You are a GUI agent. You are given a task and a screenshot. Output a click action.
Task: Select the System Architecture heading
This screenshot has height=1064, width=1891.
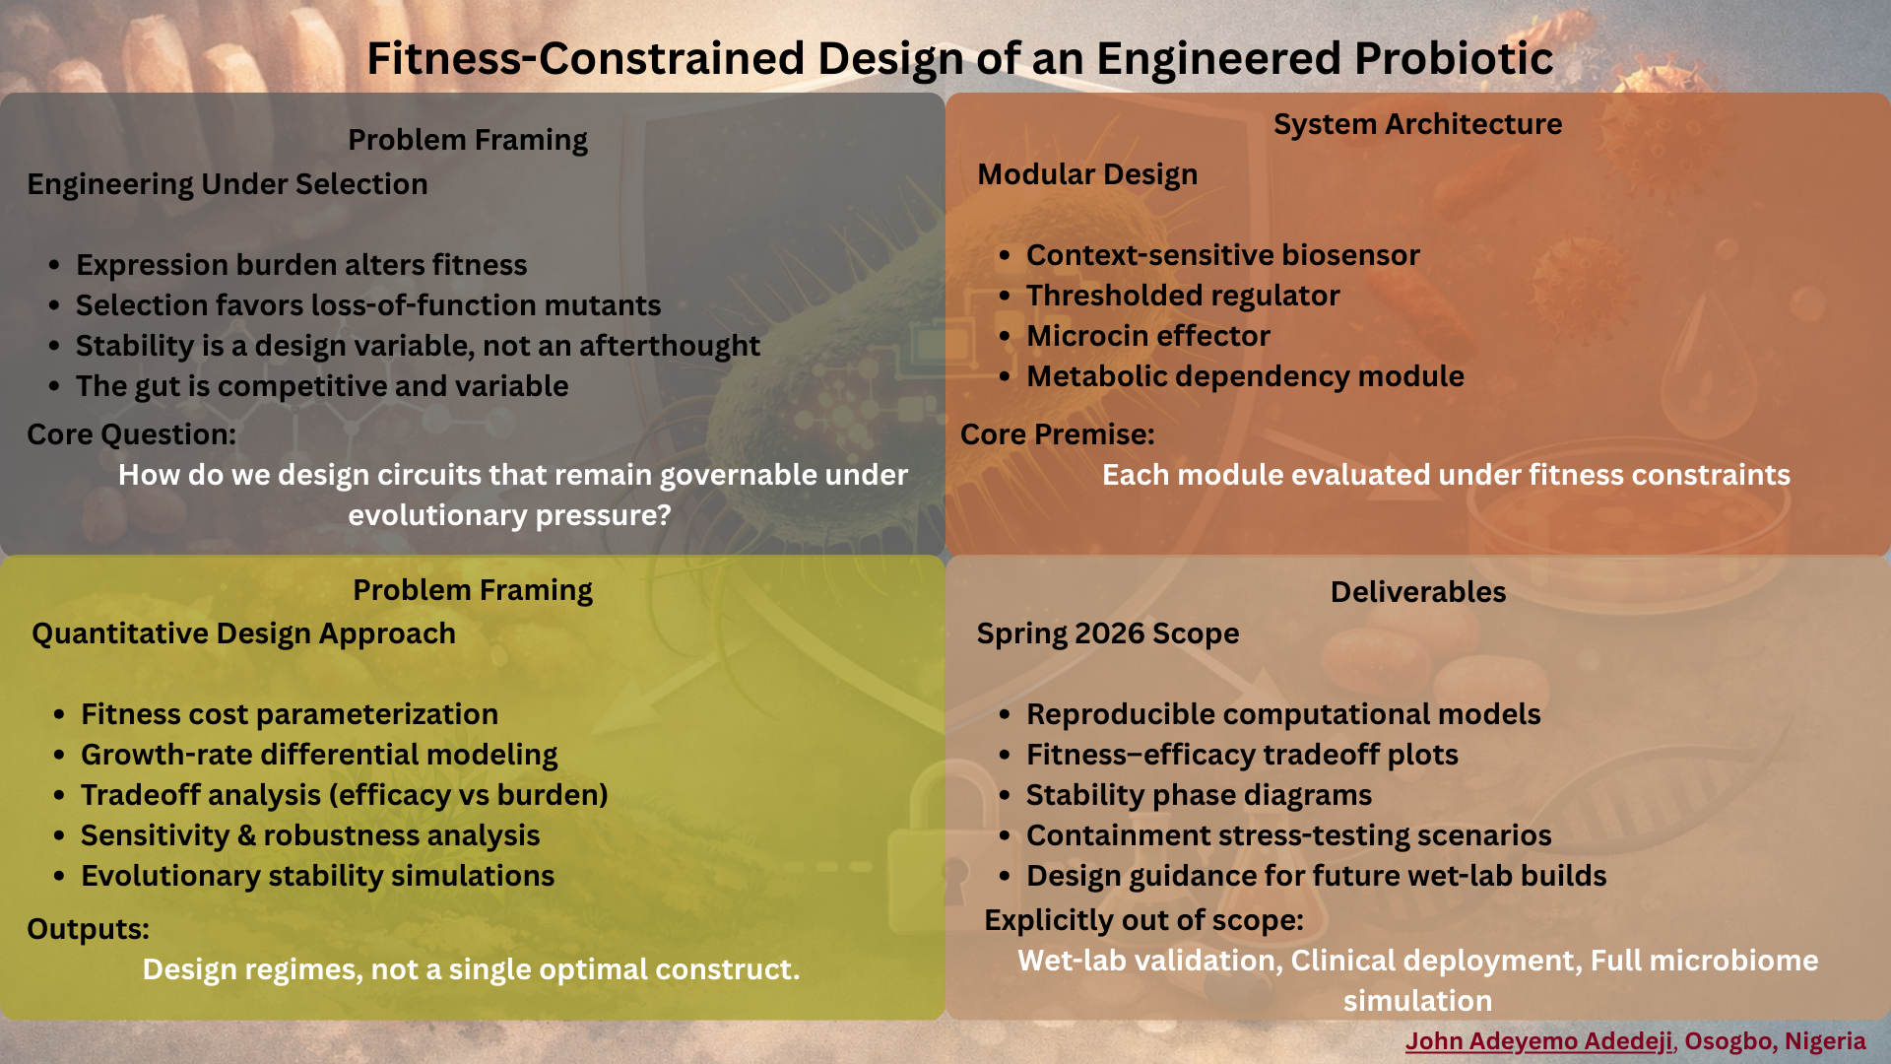(1417, 124)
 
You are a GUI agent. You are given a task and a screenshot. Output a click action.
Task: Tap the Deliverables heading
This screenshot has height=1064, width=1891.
(1418, 592)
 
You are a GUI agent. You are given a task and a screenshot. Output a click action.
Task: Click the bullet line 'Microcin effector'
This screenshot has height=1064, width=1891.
(1148, 336)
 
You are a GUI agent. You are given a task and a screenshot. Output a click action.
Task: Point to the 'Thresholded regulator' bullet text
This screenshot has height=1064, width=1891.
(1183, 296)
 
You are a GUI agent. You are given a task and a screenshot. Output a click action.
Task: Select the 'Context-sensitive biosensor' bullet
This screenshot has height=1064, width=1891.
(1223, 255)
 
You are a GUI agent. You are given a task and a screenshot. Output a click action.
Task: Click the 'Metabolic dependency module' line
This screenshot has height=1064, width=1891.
(1245, 376)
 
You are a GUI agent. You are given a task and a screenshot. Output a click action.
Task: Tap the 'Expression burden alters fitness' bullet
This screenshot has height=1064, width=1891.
(301, 265)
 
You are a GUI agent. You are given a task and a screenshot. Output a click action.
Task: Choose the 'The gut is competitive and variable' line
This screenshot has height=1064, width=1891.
(322, 386)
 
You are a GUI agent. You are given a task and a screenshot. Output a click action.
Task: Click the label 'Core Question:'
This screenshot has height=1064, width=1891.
(131, 434)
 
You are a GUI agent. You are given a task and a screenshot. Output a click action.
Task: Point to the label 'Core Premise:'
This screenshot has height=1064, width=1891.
(1058, 434)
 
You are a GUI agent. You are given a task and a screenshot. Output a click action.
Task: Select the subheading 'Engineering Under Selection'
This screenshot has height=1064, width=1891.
(228, 184)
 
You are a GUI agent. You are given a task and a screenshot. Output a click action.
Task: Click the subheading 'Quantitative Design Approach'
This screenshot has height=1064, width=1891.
(243, 633)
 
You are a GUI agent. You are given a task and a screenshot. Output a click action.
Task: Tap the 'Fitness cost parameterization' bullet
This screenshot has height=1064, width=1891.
(290, 714)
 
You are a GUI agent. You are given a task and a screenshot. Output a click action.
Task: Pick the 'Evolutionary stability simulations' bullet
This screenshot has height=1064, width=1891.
(317, 876)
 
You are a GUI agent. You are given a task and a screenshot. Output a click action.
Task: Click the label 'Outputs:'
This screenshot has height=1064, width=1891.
(88, 929)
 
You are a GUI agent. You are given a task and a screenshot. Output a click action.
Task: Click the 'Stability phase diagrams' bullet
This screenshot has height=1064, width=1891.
(1199, 795)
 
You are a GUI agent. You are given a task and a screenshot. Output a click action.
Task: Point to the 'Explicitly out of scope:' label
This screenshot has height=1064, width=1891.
(1143, 920)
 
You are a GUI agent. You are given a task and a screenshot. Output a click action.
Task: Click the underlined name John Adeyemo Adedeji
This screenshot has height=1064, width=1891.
(1538, 1041)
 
